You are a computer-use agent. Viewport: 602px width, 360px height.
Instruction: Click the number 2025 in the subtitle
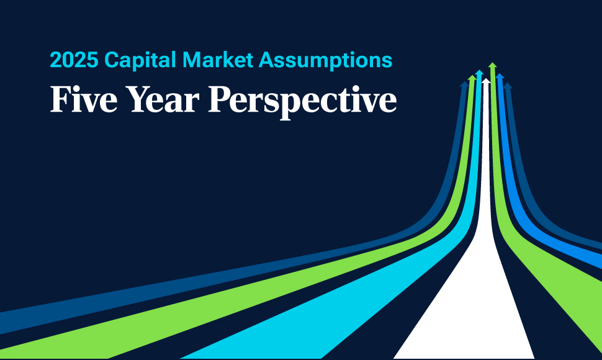point(74,60)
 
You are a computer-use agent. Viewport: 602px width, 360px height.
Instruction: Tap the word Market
point(217,60)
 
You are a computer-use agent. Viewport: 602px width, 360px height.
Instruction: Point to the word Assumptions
point(325,61)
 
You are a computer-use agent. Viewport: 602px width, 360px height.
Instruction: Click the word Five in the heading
point(84,99)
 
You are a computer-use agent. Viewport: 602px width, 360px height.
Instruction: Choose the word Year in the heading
point(163,99)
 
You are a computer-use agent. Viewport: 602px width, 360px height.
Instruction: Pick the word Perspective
point(302,102)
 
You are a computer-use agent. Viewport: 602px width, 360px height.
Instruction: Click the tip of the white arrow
point(486,79)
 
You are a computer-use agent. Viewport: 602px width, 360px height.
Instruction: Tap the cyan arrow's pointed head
point(479,71)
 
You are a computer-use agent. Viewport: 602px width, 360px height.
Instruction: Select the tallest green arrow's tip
point(493,63)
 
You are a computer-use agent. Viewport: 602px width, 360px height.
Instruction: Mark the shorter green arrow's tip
point(472,76)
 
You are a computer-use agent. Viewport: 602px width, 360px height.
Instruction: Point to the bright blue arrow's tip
point(500,74)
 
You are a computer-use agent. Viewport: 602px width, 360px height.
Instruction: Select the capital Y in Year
point(139,99)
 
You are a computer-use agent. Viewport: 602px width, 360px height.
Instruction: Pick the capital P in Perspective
point(220,99)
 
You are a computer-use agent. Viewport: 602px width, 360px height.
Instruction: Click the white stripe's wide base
point(464,356)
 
